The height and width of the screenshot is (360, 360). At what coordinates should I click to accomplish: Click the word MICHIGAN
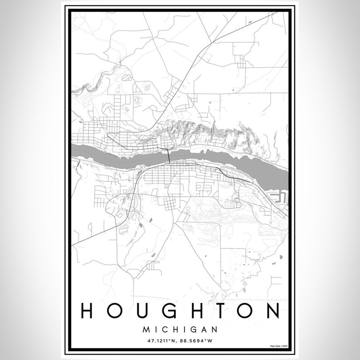click(x=180, y=328)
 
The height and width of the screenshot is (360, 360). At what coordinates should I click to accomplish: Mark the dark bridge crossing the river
click(x=168, y=156)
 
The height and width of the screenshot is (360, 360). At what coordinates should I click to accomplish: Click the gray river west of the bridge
click(x=113, y=151)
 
